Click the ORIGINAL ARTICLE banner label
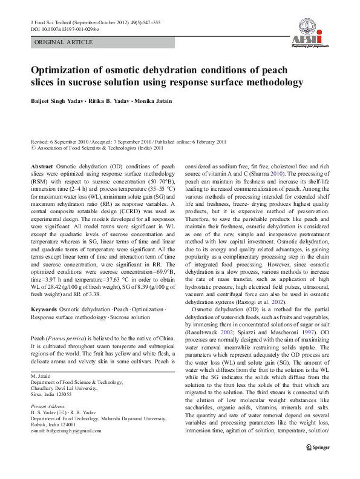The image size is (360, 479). coord(64,42)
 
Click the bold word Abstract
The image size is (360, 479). coord(42,165)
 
